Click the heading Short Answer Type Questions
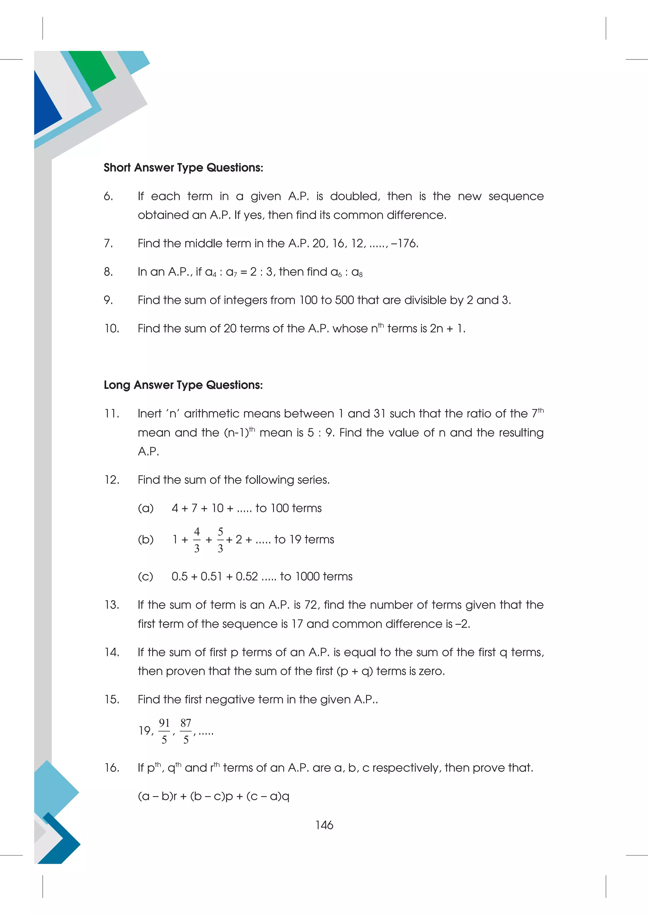[183, 168]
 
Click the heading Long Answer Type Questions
[183, 385]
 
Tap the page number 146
[324, 825]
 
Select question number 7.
[108, 243]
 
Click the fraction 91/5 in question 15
[164, 731]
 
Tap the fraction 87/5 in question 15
[185, 731]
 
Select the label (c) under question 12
[145, 576]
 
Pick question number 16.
[112, 768]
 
